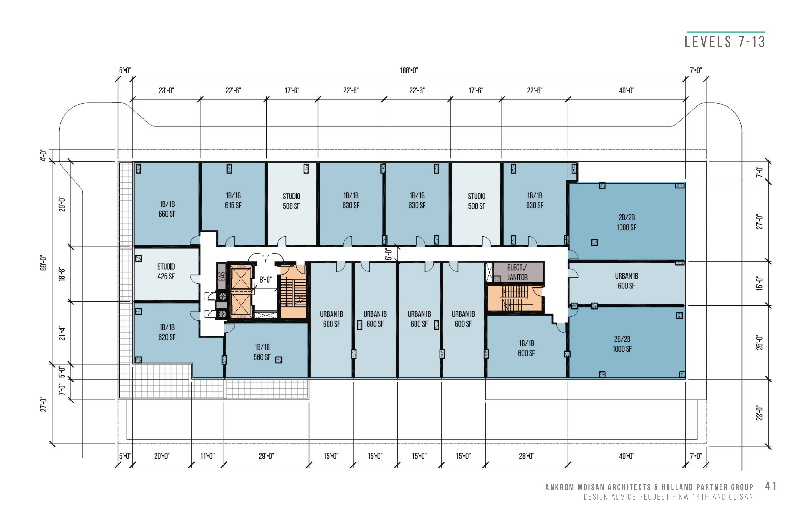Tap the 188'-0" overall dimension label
pos(409,70)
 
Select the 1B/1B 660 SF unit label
pos(167,209)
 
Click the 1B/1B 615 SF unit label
pos(233,200)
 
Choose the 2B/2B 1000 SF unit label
pos(622,344)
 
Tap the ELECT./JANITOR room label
pos(517,272)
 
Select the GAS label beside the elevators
pos(221,276)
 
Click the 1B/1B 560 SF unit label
pos(262,352)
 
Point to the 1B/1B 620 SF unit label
pos(167,332)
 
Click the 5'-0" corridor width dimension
pos(388,254)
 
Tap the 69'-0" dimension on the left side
pos(43,263)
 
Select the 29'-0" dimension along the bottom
pos(266,456)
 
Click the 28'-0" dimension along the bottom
pos(526,456)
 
